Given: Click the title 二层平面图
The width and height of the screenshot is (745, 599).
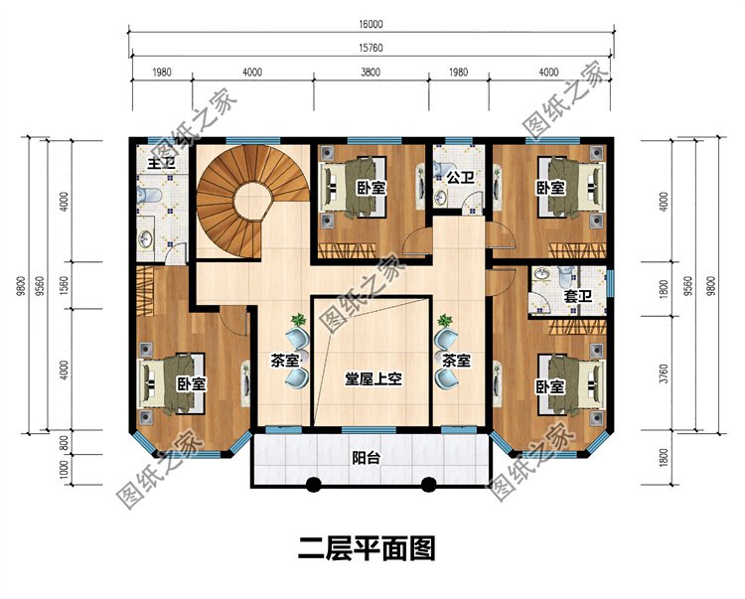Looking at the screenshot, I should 368,547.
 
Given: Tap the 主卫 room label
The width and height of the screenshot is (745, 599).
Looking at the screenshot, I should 159,163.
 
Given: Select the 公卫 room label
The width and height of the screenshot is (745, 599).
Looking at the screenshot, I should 458,179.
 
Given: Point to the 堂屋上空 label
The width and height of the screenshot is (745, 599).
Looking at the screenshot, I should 372,378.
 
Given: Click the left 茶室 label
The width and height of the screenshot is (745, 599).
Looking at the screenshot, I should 285,361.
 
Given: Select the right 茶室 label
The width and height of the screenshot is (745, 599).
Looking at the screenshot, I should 456,361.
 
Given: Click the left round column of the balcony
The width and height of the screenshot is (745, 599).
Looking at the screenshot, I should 313,486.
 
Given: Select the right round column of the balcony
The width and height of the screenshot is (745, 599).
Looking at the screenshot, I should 428,486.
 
